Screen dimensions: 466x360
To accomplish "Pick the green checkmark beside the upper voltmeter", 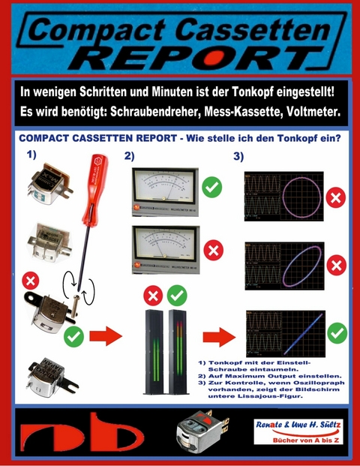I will coord(212,185).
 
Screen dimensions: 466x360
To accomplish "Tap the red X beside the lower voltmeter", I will coord(212,249).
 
